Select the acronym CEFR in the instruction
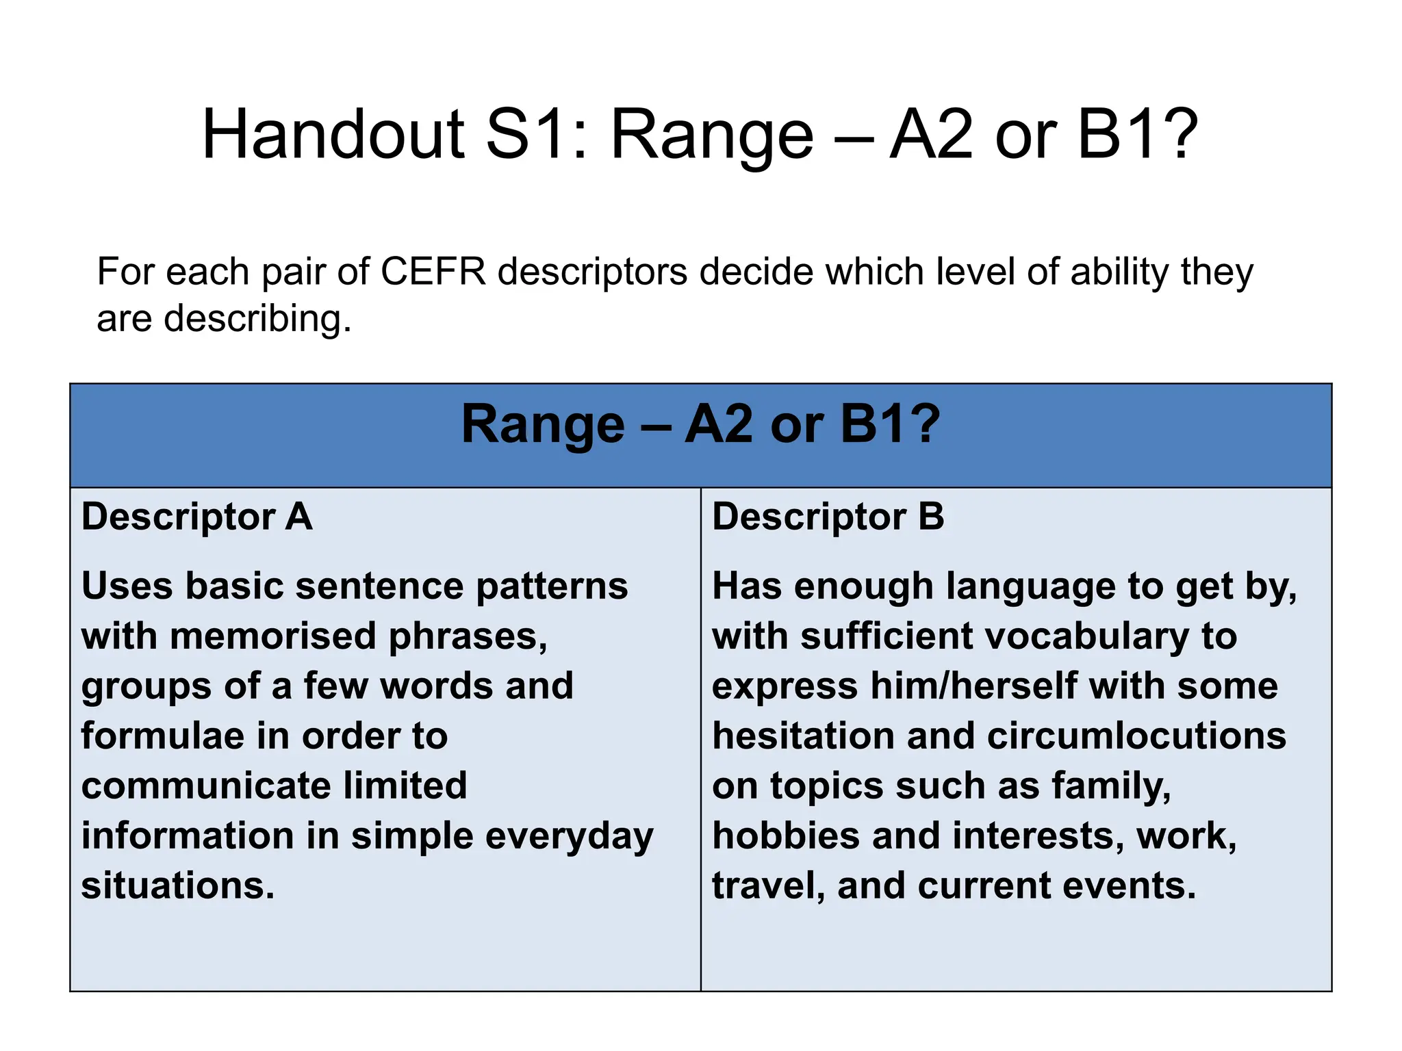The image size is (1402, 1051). [x=433, y=272]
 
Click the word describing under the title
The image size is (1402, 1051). [x=257, y=320]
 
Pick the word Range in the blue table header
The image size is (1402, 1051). [x=543, y=425]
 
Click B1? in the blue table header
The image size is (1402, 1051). [x=890, y=425]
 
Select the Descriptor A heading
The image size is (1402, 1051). [x=197, y=517]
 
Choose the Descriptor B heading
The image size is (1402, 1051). [x=828, y=517]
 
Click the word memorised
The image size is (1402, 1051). [x=273, y=636]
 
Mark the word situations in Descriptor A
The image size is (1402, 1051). [x=178, y=885]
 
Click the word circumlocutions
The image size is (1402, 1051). [x=1137, y=736]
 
